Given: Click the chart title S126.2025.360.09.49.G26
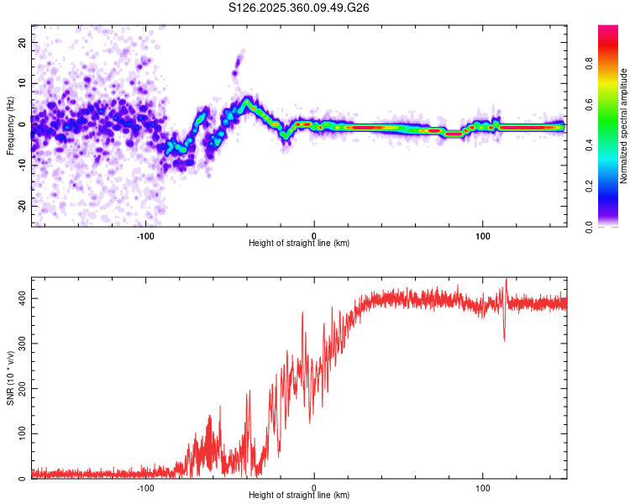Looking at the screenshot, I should pyautogui.click(x=300, y=8).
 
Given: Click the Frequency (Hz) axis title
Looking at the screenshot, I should pyautogui.click(x=10, y=126).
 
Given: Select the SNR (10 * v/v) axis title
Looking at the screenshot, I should pyautogui.click(x=10, y=378).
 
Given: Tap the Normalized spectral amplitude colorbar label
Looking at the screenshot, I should pyautogui.click(x=624, y=126).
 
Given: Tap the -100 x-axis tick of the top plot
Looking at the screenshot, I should pyautogui.click(x=145, y=235).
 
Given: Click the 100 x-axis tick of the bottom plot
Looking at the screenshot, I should pyautogui.click(x=483, y=487).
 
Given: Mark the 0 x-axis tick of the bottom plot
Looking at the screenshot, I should pyautogui.click(x=314, y=487).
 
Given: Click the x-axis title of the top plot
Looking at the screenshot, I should pyautogui.click(x=299, y=244).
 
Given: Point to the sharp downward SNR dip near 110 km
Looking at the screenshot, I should pyautogui.click(x=504, y=339).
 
